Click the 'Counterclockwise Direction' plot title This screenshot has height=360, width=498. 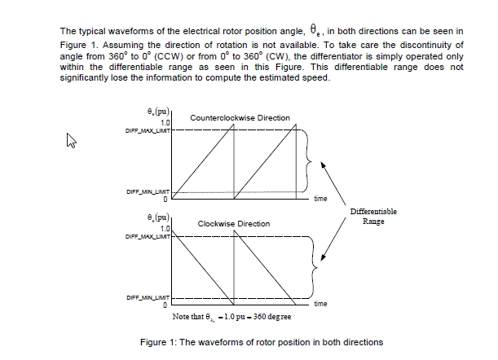pyautogui.click(x=240, y=118)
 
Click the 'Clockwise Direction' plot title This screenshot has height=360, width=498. pyautogui.click(x=234, y=223)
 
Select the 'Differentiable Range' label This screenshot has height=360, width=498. pyautogui.click(x=373, y=217)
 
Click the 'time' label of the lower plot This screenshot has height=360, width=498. pyautogui.click(x=321, y=304)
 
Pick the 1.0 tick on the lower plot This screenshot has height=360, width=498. pyautogui.click(x=164, y=229)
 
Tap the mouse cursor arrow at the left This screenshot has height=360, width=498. pyautogui.click(x=71, y=140)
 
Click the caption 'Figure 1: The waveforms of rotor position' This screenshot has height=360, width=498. pyautogui.click(x=262, y=341)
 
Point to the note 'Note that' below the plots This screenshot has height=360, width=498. pyautogui.click(x=190, y=314)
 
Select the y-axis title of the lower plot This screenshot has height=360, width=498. pyautogui.click(x=158, y=218)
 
